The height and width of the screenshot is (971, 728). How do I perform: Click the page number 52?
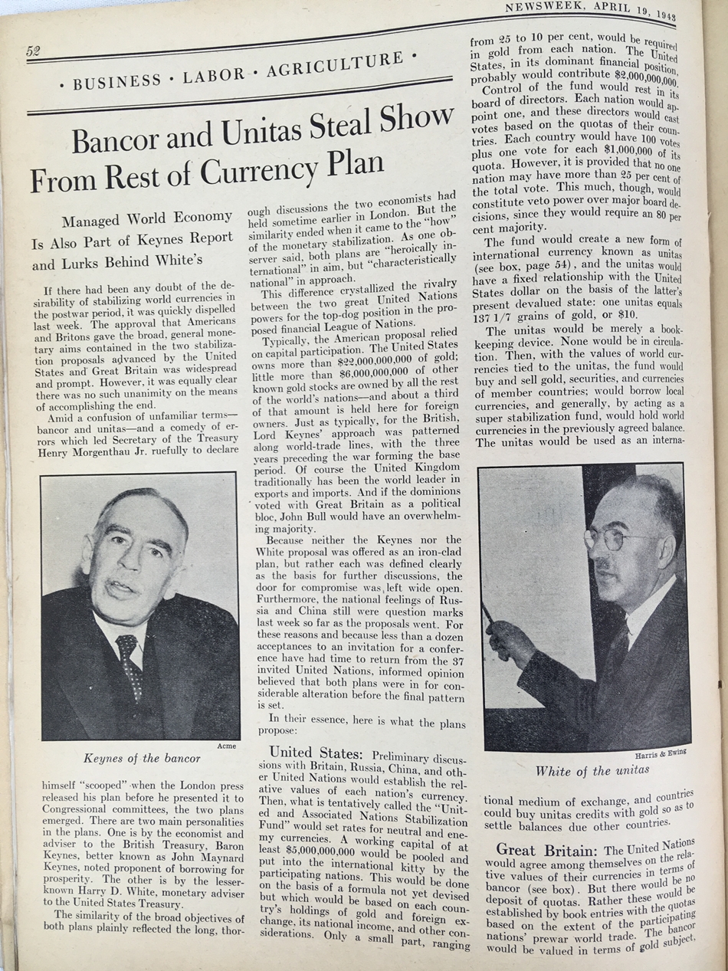33,51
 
